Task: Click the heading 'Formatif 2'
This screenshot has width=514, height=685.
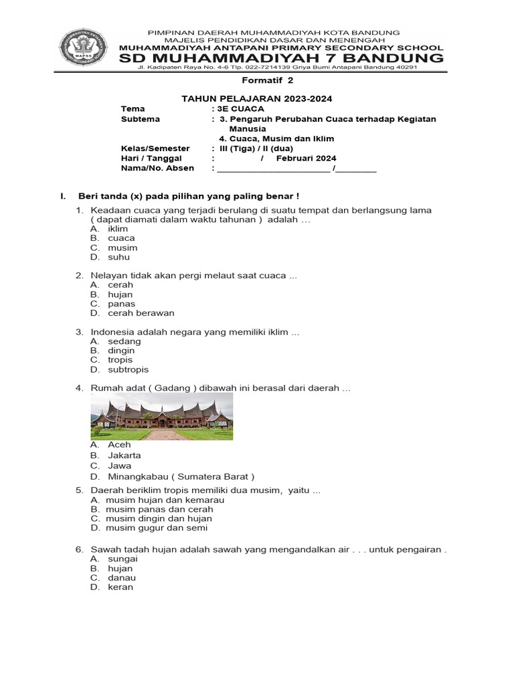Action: tap(257, 81)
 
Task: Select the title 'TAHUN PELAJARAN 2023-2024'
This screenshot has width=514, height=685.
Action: tap(257, 98)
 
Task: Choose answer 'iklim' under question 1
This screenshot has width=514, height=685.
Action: tap(118, 228)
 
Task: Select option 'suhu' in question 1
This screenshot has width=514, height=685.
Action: tap(118, 257)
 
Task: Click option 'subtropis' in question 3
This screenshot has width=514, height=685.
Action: tap(128, 369)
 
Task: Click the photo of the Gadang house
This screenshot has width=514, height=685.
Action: tap(162, 416)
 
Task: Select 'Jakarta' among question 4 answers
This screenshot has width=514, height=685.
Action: tap(124, 456)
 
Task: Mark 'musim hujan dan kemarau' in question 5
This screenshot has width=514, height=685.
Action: tap(165, 500)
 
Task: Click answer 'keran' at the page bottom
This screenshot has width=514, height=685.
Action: tap(120, 587)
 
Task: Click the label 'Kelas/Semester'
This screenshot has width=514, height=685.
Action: tap(155, 148)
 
